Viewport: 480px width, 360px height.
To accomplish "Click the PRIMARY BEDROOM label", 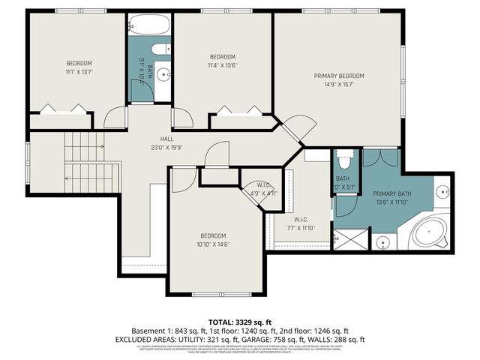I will tap(339, 76).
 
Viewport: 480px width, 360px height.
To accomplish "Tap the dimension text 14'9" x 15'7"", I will tap(339, 85).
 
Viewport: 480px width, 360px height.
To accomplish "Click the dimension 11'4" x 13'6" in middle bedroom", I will tap(222, 66).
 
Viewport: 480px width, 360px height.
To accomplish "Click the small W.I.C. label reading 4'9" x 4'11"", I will tap(264, 193).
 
